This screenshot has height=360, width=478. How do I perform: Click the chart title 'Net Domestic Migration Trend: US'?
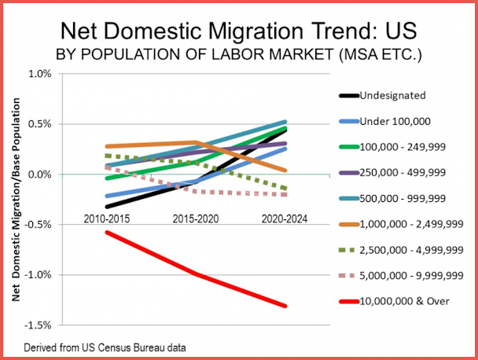[x=239, y=34]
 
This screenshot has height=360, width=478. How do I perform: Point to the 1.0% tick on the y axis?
[x=40, y=74]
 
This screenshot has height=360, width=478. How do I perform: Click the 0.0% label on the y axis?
[x=40, y=174]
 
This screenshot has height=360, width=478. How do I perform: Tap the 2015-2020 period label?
[x=195, y=216]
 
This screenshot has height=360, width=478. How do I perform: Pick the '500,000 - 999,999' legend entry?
[x=400, y=199]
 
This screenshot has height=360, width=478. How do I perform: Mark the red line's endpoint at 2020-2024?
[x=285, y=306]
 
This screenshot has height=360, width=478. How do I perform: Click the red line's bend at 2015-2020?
[x=195, y=274]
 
